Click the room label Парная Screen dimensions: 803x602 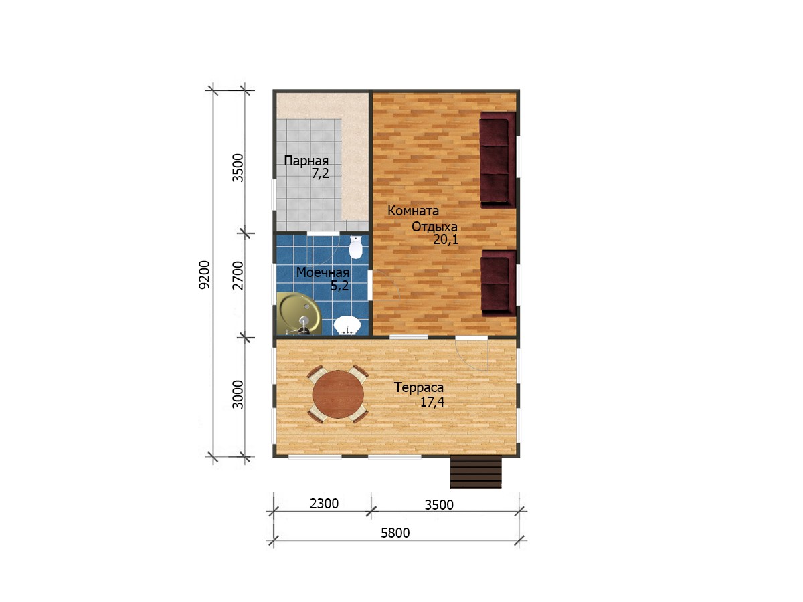[306, 161]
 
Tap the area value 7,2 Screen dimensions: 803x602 [320, 173]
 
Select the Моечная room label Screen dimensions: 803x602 [323, 272]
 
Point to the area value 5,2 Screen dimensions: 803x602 [339, 286]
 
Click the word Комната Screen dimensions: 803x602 [413, 211]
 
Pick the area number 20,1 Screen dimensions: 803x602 [446, 239]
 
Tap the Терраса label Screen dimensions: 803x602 [419, 387]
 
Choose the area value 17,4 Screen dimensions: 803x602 [432, 402]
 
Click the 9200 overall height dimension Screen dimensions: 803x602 [204, 275]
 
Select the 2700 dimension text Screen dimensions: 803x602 [238, 275]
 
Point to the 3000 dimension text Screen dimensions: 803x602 [238, 395]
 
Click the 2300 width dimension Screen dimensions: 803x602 [324, 504]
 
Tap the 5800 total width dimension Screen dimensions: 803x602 [395, 533]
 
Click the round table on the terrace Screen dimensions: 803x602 [338, 394]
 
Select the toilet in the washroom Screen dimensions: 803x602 [355, 247]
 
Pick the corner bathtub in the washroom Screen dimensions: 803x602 [298, 314]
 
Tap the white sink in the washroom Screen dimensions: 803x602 [347, 325]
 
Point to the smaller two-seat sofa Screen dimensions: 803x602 [499, 283]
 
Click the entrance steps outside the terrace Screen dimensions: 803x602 [476, 472]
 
